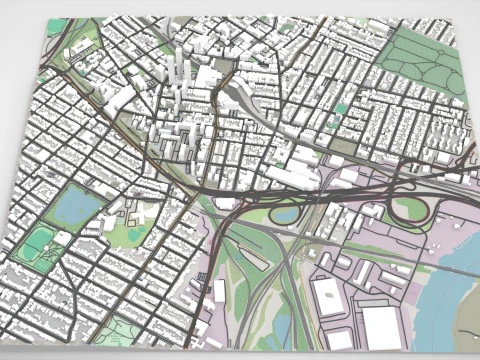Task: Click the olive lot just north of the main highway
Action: (x=343, y=146)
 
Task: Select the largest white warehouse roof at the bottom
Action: (x=380, y=325)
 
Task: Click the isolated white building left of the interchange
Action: (x=221, y=290)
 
